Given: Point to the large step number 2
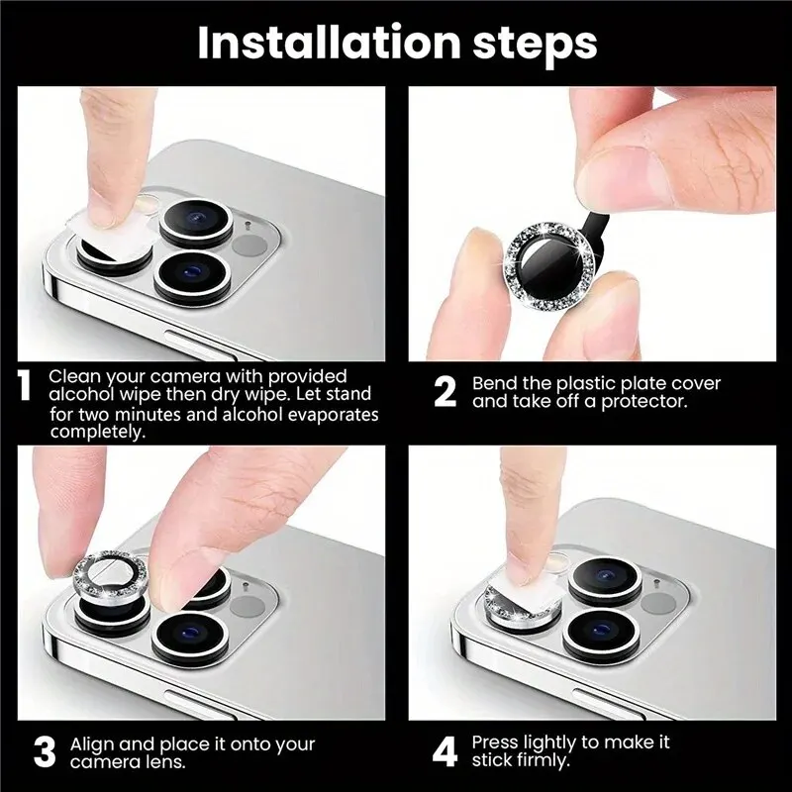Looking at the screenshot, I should (x=445, y=392).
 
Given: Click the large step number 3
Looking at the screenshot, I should (x=45, y=751).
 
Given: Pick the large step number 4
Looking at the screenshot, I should (x=445, y=751).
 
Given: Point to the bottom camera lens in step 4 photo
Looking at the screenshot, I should (x=600, y=631).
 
